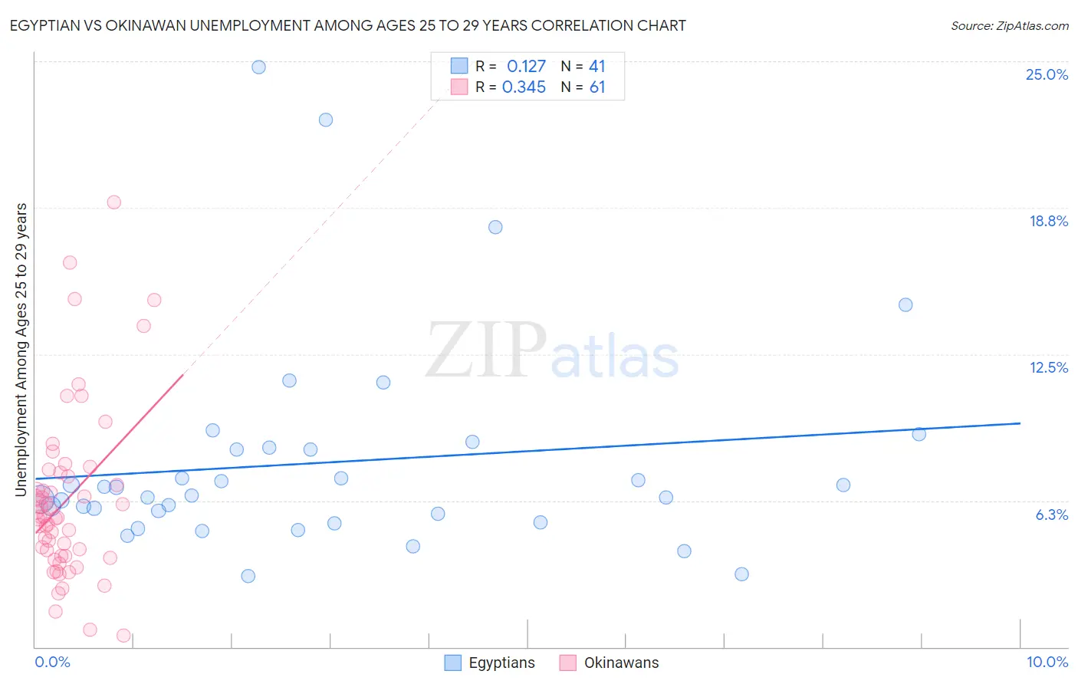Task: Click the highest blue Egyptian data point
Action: coord(258,67)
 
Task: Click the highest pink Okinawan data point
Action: coord(113,202)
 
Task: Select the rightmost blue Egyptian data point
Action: coord(919,434)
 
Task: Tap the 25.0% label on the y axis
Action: coord(1047,74)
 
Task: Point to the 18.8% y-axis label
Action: coord(1048,221)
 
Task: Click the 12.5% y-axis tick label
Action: coord(1048,367)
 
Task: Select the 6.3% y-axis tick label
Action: coord(1051,515)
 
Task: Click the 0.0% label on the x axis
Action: coord(52,662)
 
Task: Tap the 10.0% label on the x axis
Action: coord(1047,662)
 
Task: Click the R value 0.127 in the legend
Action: coord(526,67)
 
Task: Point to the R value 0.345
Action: coord(524,87)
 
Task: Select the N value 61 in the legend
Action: coord(597,87)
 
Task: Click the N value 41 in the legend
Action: coord(597,67)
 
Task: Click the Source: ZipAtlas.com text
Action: coord(1009,26)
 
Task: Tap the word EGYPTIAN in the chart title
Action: coord(47,25)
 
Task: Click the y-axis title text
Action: coord(21,349)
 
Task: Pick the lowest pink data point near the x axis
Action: coord(123,635)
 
